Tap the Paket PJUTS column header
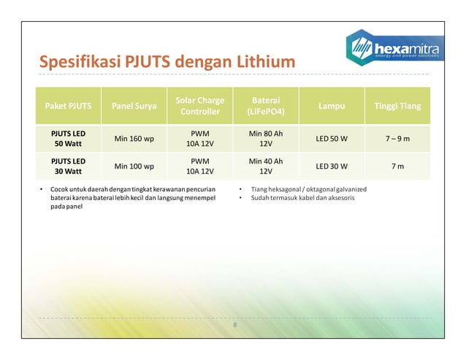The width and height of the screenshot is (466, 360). point(70,106)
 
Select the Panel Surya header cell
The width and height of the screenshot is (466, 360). point(134,106)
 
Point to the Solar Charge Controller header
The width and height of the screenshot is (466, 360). point(200,106)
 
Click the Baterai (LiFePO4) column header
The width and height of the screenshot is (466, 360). point(266,106)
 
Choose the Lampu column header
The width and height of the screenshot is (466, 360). point(332,106)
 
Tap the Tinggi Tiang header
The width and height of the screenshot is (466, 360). point(397,106)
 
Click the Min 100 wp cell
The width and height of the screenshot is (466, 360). point(134,166)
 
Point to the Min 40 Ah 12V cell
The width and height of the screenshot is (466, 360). point(266,166)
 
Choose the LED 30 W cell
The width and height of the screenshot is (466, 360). point(332,166)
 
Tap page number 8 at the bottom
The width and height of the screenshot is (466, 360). point(234,324)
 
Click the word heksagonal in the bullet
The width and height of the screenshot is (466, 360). point(278,189)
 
